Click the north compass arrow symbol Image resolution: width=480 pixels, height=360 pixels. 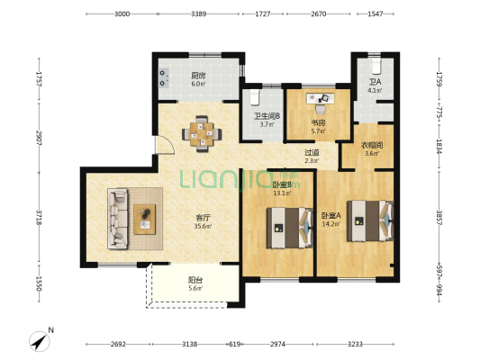coord(40,341)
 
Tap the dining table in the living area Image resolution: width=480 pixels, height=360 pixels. coord(202,134)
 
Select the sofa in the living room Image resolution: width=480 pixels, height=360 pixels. coord(117,219)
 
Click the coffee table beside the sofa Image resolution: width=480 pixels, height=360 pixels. coord(144,220)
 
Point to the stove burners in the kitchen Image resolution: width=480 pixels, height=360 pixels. coord(163,78)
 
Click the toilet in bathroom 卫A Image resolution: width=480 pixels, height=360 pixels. coord(376,66)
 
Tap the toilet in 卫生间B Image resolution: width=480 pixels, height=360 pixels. coord(255,97)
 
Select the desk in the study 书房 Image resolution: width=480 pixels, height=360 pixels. coord(321,98)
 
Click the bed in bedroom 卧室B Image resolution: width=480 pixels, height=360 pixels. coord(290,228)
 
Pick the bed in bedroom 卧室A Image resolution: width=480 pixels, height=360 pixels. coord(370,220)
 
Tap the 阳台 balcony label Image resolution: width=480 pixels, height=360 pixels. coord(195,280)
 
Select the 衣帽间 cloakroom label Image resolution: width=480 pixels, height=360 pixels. coord(371,145)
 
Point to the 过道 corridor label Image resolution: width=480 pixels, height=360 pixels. coord(312,152)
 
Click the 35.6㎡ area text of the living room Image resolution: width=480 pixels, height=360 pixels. coord(203,226)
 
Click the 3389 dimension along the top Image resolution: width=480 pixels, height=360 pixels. coord(199,13)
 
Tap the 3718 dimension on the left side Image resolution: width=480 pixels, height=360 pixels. coord(39,218)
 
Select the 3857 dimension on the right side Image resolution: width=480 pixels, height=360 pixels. coord(439,218)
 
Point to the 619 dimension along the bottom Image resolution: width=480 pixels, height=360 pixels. coord(234,344)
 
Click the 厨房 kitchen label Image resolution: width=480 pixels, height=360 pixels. coord(198,76)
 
